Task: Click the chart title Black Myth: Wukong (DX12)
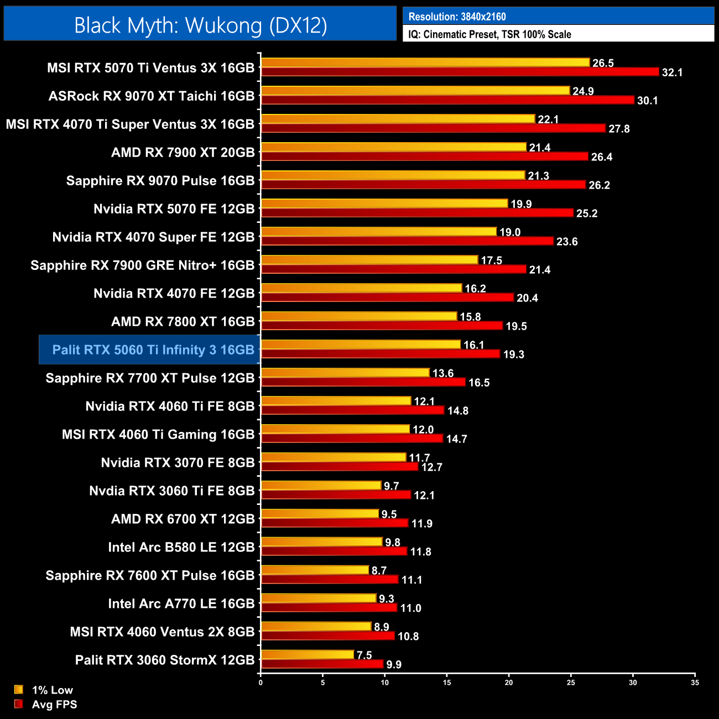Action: point(200,25)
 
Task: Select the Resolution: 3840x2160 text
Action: point(457,17)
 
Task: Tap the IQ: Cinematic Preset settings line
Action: point(489,34)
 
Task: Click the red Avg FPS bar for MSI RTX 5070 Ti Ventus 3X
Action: point(459,72)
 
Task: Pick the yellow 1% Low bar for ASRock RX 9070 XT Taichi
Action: point(415,90)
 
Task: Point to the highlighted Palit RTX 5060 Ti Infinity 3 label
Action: point(153,350)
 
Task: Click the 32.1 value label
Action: point(672,72)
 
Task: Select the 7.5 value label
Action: point(364,655)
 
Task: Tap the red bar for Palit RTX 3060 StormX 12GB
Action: point(322,664)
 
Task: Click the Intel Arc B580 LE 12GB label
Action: point(181,547)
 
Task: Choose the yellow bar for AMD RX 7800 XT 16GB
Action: point(358,316)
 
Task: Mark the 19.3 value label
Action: point(513,355)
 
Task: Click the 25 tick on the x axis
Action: point(571,682)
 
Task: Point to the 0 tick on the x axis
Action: point(260,682)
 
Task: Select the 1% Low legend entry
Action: point(52,690)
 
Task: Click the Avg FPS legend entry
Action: point(54,704)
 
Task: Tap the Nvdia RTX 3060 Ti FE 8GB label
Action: point(172,491)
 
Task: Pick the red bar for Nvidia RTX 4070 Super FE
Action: point(407,241)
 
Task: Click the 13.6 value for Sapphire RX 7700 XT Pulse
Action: point(442,373)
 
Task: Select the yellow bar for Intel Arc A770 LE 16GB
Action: point(319,598)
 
